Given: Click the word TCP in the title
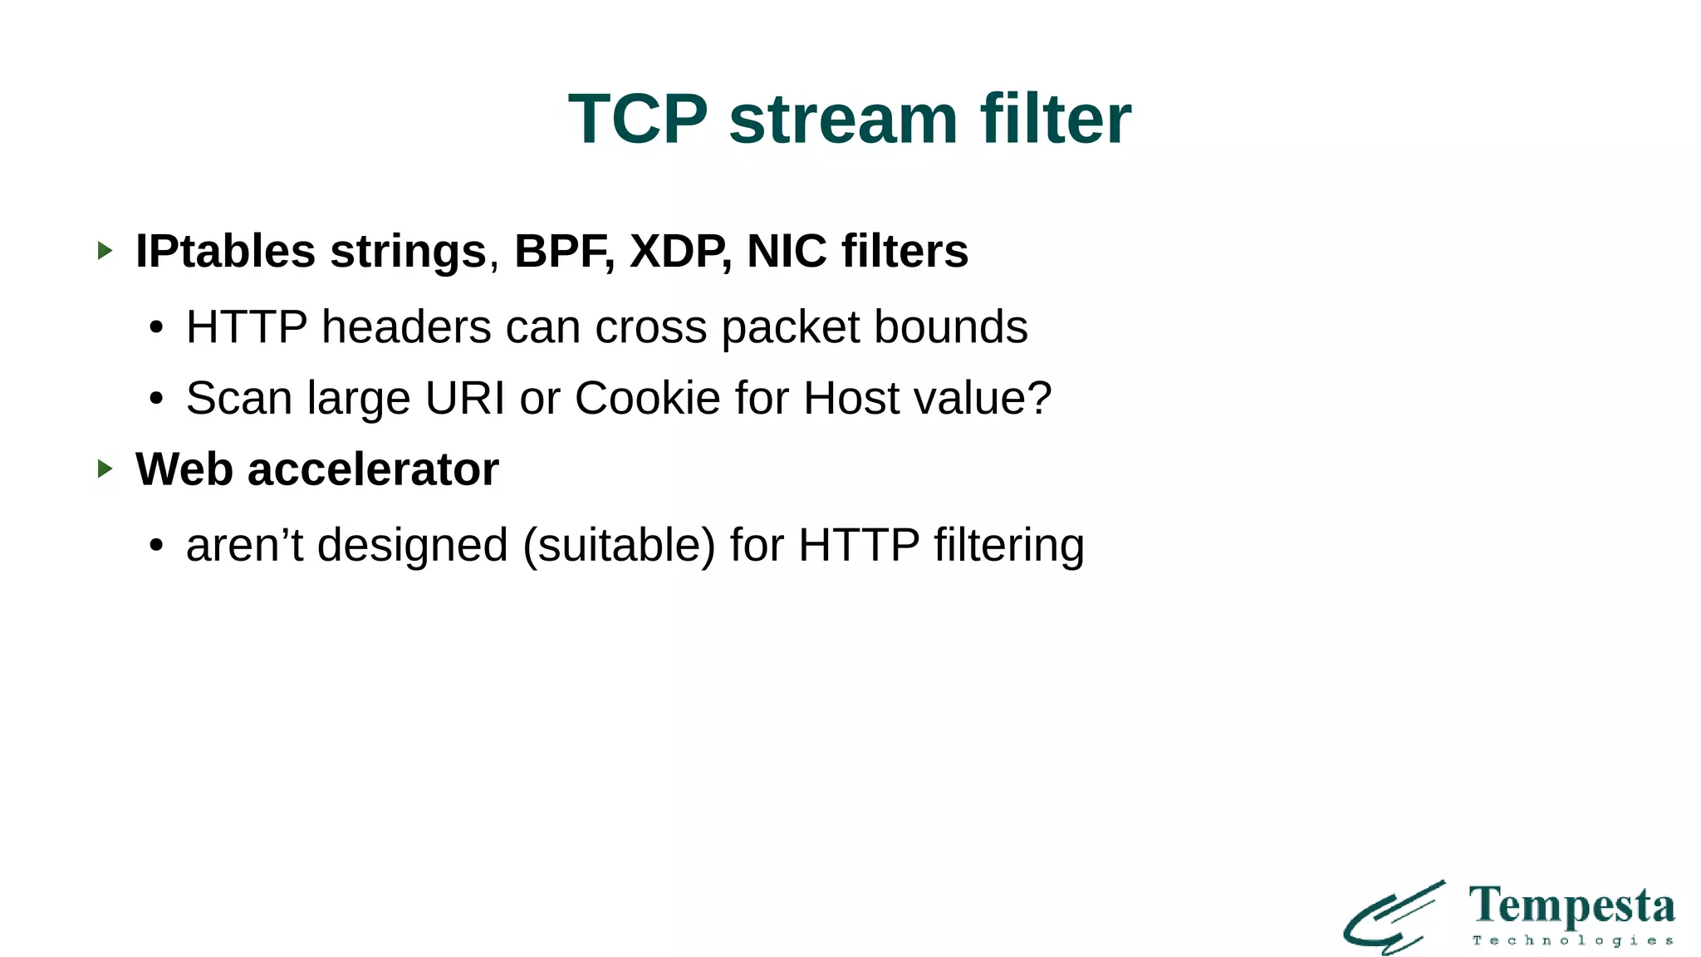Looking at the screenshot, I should point(638,119).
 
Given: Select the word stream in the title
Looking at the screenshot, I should point(843,119).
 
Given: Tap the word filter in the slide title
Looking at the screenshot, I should point(1056,119).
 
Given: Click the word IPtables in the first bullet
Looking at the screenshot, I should point(225,251).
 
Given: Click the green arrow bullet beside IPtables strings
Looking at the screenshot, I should point(105,250).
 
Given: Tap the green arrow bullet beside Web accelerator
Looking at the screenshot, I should point(105,469).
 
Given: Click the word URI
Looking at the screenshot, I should point(465,398).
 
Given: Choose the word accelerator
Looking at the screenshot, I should point(373,469).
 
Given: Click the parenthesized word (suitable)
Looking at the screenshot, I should point(619,546).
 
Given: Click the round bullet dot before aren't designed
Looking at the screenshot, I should point(156,547).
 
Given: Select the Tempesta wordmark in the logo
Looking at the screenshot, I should point(1571,906).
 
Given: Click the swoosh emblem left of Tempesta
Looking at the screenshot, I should point(1395,918).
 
